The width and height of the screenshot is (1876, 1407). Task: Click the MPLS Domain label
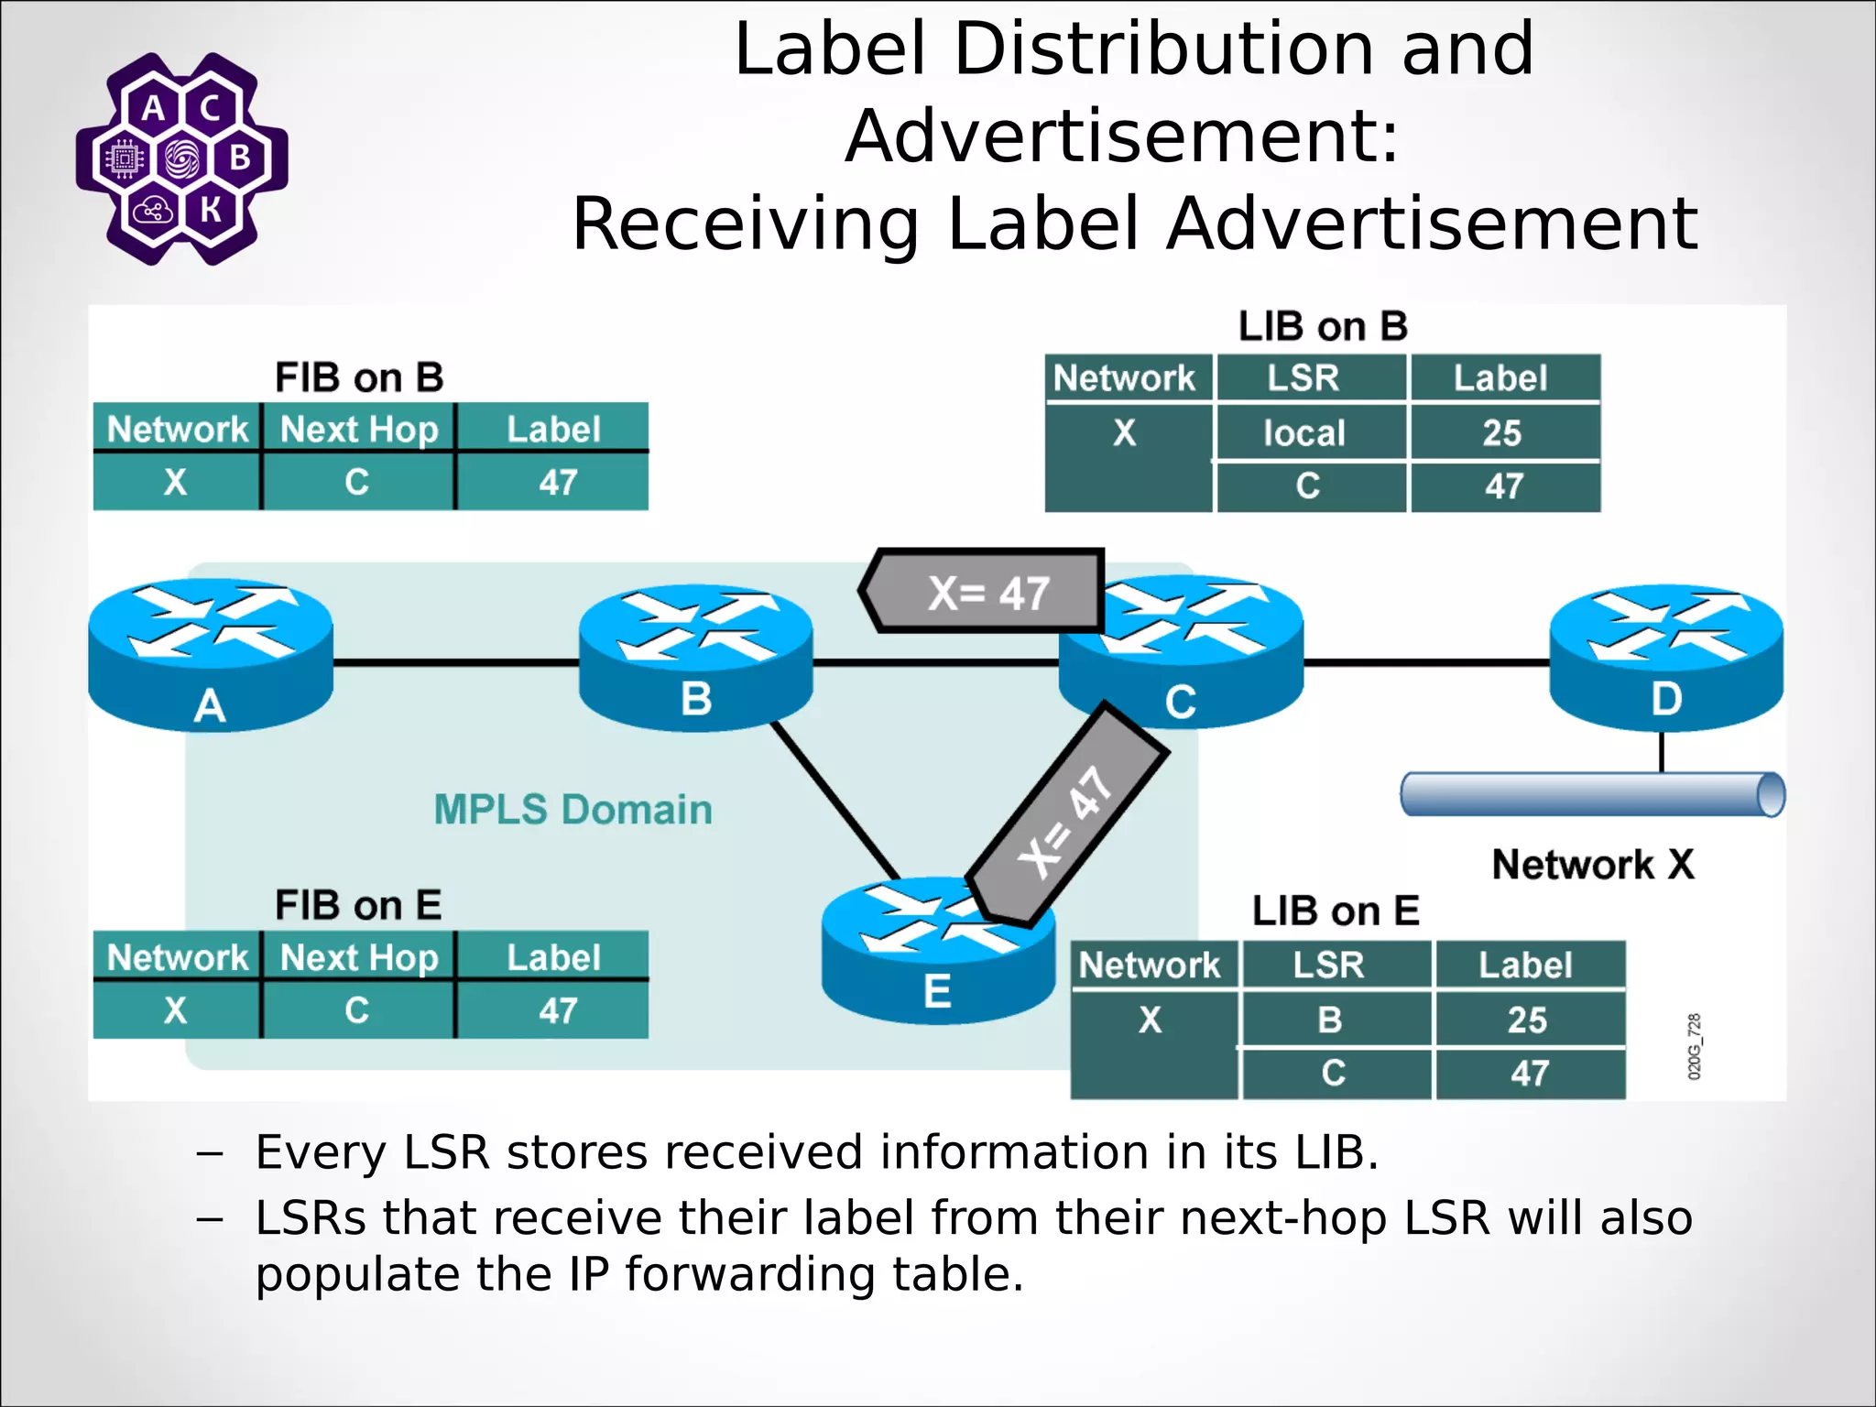(573, 809)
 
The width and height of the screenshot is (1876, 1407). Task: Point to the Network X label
(1592, 864)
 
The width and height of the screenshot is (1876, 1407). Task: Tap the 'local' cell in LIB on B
(1304, 432)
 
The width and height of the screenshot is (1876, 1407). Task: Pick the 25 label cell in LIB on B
(1502, 432)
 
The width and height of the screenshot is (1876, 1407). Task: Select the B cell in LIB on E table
(1330, 1020)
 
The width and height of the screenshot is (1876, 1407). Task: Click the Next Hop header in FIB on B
(359, 429)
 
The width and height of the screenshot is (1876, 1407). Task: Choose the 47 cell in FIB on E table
(557, 1010)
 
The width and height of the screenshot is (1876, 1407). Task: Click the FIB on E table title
(358, 905)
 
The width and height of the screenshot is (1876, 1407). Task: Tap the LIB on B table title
(1323, 326)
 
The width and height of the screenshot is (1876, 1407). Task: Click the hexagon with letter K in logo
(211, 210)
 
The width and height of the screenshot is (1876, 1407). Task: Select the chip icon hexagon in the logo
(125, 159)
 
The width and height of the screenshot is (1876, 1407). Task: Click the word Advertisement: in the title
(1122, 136)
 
